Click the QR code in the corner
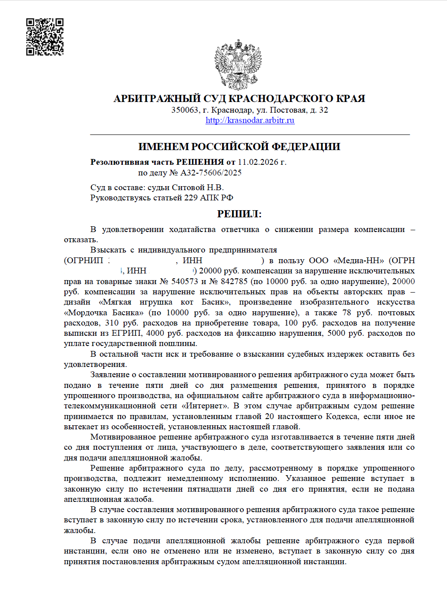point(44,37)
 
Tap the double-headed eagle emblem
point(238,65)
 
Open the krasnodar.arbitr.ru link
point(250,120)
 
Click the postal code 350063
point(185,110)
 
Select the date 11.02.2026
point(258,162)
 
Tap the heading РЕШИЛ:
point(239,214)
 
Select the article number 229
point(191,198)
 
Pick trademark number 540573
point(185,281)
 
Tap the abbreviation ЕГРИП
point(127,334)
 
